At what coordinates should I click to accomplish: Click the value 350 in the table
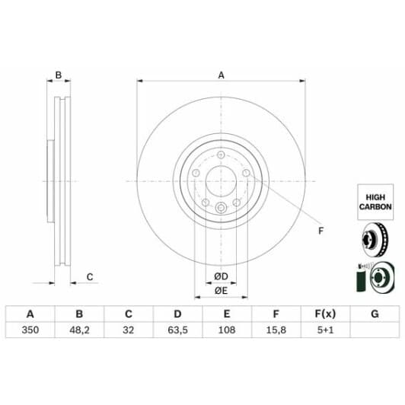pyautogui.click(x=30, y=331)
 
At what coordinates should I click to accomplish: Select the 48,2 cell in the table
pyautogui.click(x=78, y=331)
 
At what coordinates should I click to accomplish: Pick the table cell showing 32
pyautogui.click(x=128, y=331)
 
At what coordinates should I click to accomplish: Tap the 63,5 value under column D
pyautogui.click(x=177, y=331)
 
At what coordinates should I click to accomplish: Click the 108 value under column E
pyautogui.click(x=226, y=331)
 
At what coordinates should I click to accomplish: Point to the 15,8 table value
pyautogui.click(x=276, y=331)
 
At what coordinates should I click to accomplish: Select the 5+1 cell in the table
pyautogui.click(x=325, y=331)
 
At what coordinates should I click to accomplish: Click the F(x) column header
pyautogui.click(x=325, y=314)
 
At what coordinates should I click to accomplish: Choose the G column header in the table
pyautogui.click(x=374, y=314)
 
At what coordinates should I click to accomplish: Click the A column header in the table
pyautogui.click(x=30, y=314)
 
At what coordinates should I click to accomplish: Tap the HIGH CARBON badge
pyautogui.click(x=375, y=201)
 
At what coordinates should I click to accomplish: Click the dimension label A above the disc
pyautogui.click(x=222, y=75)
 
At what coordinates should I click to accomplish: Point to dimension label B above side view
pyautogui.click(x=58, y=75)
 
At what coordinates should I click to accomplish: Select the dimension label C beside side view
pyautogui.click(x=89, y=276)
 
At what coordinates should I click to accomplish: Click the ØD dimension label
pyautogui.click(x=221, y=275)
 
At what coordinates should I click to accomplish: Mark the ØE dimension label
pyautogui.click(x=221, y=290)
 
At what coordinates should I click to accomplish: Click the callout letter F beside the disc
pyautogui.click(x=320, y=231)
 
